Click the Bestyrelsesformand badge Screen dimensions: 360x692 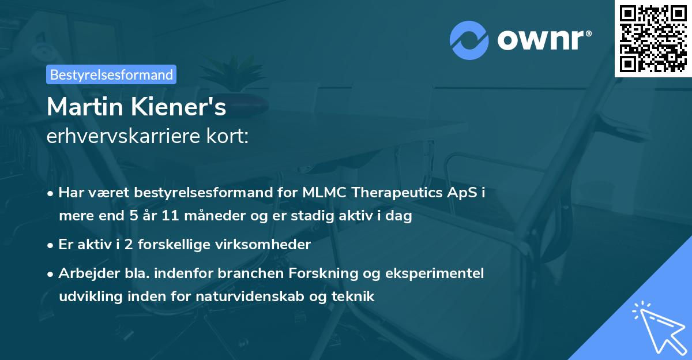(111, 74)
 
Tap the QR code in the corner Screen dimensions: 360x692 (653, 39)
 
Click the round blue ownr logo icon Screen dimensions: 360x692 (469, 40)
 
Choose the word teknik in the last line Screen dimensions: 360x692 (356, 297)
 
